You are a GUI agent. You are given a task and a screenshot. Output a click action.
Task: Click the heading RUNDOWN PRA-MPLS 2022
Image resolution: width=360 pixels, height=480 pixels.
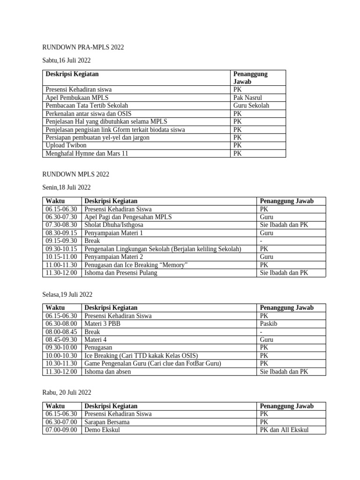83,47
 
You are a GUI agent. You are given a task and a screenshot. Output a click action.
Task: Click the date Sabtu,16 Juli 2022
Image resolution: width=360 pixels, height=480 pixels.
66,60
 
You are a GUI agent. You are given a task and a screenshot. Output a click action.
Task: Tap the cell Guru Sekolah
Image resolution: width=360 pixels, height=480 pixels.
251,105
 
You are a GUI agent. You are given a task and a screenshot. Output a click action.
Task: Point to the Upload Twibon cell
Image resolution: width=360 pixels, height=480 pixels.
66,145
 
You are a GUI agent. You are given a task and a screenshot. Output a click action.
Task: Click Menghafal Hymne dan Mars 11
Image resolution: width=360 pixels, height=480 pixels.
87,153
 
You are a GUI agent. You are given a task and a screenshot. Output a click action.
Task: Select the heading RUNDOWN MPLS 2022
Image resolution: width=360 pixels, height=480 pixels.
75,174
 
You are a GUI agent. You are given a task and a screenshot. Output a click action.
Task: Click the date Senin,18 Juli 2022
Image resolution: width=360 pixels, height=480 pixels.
66,187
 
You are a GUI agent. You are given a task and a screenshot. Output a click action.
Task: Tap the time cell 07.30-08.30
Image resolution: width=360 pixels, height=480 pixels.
61,225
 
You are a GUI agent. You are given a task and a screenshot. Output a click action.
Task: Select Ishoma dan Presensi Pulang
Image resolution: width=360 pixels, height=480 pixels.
121,273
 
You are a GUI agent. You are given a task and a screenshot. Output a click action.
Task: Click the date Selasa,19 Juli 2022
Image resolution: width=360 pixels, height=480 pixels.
67,294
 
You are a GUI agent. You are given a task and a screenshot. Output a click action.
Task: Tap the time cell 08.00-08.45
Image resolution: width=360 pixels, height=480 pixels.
61,331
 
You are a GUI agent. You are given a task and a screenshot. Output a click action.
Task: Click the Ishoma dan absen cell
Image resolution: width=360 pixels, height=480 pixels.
108,372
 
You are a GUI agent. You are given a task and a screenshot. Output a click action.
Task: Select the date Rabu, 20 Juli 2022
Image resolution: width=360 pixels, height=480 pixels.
67,393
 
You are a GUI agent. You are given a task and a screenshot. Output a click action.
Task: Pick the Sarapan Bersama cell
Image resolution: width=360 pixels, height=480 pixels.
107,422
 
